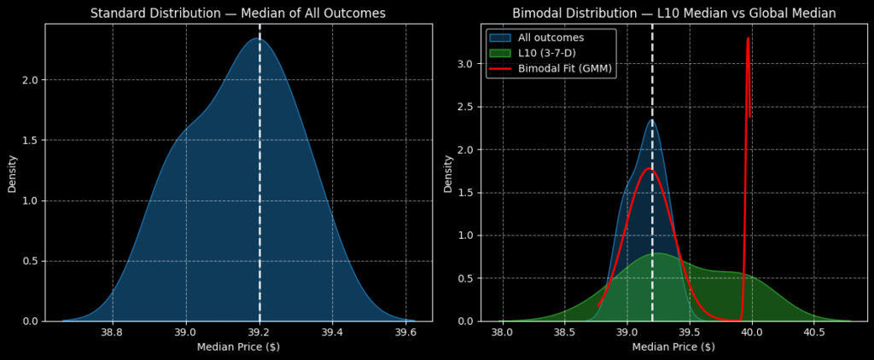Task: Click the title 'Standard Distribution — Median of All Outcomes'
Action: click(x=238, y=13)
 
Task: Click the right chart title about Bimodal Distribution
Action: click(x=673, y=13)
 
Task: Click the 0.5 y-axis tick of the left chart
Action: click(x=28, y=261)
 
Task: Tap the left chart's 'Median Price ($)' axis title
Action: click(x=238, y=346)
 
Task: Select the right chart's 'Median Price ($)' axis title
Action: click(x=673, y=346)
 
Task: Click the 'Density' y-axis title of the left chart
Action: click(x=12, y=172)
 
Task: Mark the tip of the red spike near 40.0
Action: click(x=748, y=38)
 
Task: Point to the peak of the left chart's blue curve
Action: click(x=257, y=38)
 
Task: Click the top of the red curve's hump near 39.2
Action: click(x=649, y=169)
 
